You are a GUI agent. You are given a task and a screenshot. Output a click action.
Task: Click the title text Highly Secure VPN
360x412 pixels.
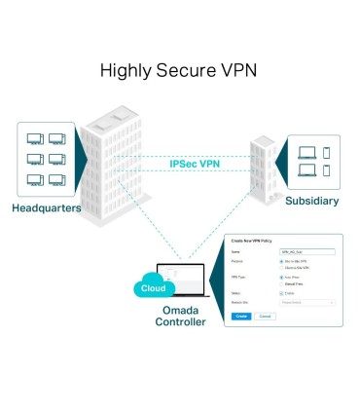pos(180,71)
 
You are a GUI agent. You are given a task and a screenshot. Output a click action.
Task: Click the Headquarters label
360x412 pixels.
pos(45,208)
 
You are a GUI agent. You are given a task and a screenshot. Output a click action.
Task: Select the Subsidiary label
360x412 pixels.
pos(312,201)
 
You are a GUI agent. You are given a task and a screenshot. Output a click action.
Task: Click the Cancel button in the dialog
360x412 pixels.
pos(265,317)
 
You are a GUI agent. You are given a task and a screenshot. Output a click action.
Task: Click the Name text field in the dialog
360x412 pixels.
pos(306,250)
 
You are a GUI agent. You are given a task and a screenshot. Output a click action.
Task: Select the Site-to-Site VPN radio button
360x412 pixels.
pos(281,261)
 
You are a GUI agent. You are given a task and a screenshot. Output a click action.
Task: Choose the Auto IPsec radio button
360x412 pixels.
pos(281,278)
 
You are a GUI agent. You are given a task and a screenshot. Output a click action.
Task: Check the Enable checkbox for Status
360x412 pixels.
pos(281,292)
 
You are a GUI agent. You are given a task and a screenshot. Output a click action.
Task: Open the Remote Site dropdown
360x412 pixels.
pos(306,303)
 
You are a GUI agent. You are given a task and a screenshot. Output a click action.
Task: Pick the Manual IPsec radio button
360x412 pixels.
pos(281,283)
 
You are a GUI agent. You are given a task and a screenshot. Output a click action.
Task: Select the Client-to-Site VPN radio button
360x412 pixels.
pos(281,267)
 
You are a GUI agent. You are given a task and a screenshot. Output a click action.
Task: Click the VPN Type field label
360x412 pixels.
pos(239,278)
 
